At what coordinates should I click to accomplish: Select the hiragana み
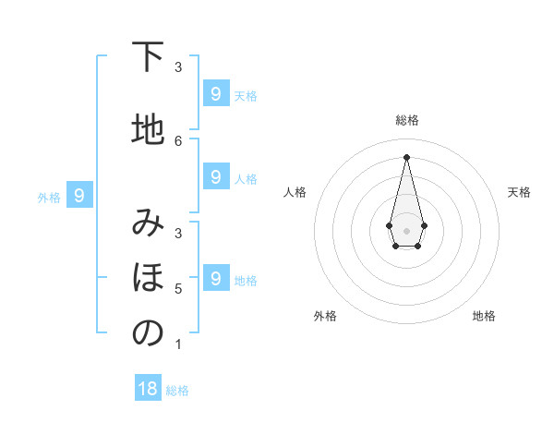(147, 223)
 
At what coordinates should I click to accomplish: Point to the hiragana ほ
(147, 277)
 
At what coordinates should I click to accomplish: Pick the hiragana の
(147, 333)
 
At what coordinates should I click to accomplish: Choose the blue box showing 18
(148, 389)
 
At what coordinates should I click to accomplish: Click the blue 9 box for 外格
(79, 195)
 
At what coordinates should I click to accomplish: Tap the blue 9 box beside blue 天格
(215, 93)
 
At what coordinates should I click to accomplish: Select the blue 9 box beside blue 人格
(215, 176)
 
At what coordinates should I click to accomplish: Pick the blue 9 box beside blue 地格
(215, 277)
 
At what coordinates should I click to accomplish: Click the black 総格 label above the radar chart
(407, 120)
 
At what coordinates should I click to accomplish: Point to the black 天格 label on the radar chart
(519, 192)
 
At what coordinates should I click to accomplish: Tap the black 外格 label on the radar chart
(325, 316)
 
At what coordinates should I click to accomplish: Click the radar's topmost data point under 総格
(406, 156)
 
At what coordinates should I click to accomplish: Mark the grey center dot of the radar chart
(406, 229)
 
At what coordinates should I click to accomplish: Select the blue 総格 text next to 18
(177, 391)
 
